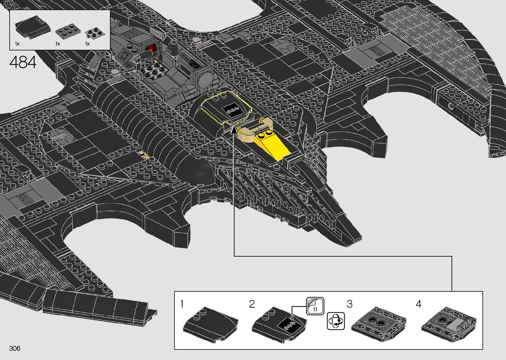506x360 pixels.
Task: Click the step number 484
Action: coord(23,62)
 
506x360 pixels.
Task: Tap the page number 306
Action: coord(15,348)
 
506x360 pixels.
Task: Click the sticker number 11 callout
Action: coord(315,306)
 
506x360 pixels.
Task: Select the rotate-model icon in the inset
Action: coord(335,321)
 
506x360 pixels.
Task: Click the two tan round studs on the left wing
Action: coord(143,154)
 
